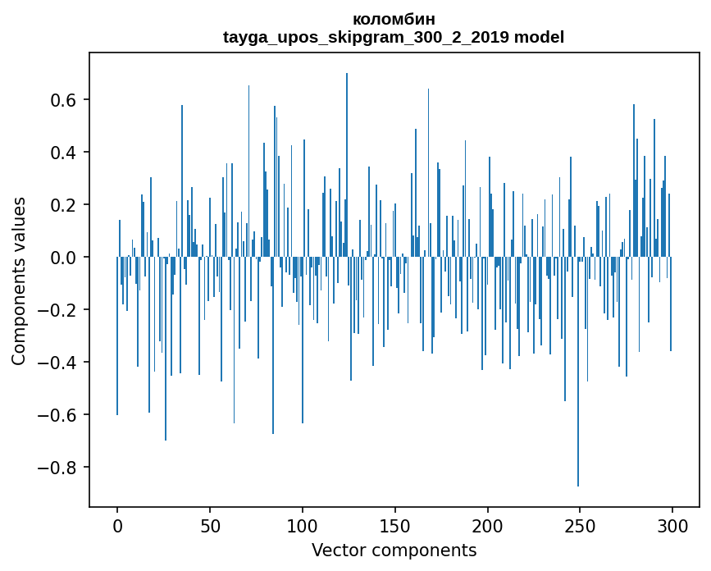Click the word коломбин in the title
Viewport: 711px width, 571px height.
[394, 19]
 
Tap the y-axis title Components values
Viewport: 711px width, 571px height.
[19, 281]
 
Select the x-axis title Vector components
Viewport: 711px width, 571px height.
[394, 550]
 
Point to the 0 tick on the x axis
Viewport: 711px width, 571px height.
[117, 525]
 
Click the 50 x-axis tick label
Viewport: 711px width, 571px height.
[210, 525]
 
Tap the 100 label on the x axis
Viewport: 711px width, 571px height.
[303, 525]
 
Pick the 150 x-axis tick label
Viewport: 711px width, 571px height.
[395, 525]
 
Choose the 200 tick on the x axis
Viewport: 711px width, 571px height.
[488, 525]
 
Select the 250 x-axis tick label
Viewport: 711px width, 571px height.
[581, 525]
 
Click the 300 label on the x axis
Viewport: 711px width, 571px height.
[672, 525]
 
